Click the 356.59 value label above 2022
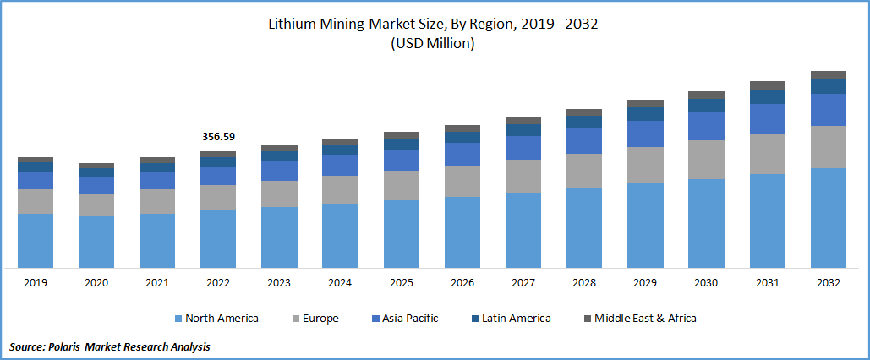coord(218,136)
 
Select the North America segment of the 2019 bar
coord(36,241)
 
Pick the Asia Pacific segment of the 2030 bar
coord(706,126)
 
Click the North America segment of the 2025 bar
coord(402,234)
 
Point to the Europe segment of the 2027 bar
coord(523,176)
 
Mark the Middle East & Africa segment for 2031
coord(768,85)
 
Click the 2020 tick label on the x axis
coord(96,283)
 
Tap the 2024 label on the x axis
coord(340,283)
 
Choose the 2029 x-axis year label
coord(645,283)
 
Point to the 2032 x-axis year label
coord(829,283)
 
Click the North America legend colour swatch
coord(178,319)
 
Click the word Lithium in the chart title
coord(293,24)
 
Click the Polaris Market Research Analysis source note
coord(110,346)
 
